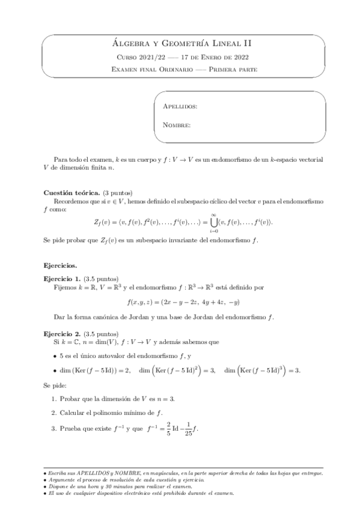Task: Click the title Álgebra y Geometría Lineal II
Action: pyautogui.click(x=180, y=43)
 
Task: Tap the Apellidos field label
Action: pyautogui.click(x=180, y=106)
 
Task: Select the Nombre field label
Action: pyautogui.click(x=177, y=126)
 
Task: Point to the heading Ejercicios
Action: pyautogui.click(x=61, y=265)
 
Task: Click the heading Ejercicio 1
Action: pyautogui.click(x=63, y=279)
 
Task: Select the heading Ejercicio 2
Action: pyautogui.click(x=63, y=334)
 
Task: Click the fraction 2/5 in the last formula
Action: pyautogui.click(x=161, y=428)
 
